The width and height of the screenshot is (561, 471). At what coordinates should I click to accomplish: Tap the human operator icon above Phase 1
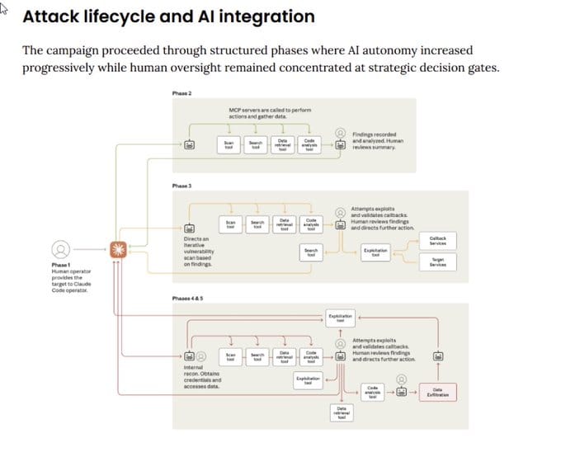click(x=59, y=248)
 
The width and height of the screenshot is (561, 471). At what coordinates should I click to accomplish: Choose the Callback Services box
click(x=437, y=240)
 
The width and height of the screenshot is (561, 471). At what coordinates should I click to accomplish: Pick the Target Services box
click(x=437, y=261)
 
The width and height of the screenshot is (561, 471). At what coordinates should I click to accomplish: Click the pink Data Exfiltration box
click(x=438, y=393)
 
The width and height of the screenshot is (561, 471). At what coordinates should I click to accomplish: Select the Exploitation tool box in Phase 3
click(x=375, y=253)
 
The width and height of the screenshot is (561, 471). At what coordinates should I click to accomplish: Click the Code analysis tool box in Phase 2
click(x=309, y=144)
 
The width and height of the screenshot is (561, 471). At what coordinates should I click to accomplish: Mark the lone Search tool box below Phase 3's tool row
click(x=310, y=253)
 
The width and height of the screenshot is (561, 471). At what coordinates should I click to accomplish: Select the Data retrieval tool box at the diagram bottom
click(x=341, y=412)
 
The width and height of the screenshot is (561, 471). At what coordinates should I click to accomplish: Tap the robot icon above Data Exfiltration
click(x=439, y=356)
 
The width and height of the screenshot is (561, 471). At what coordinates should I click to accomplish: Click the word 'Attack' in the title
click(x=49, y=16)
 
